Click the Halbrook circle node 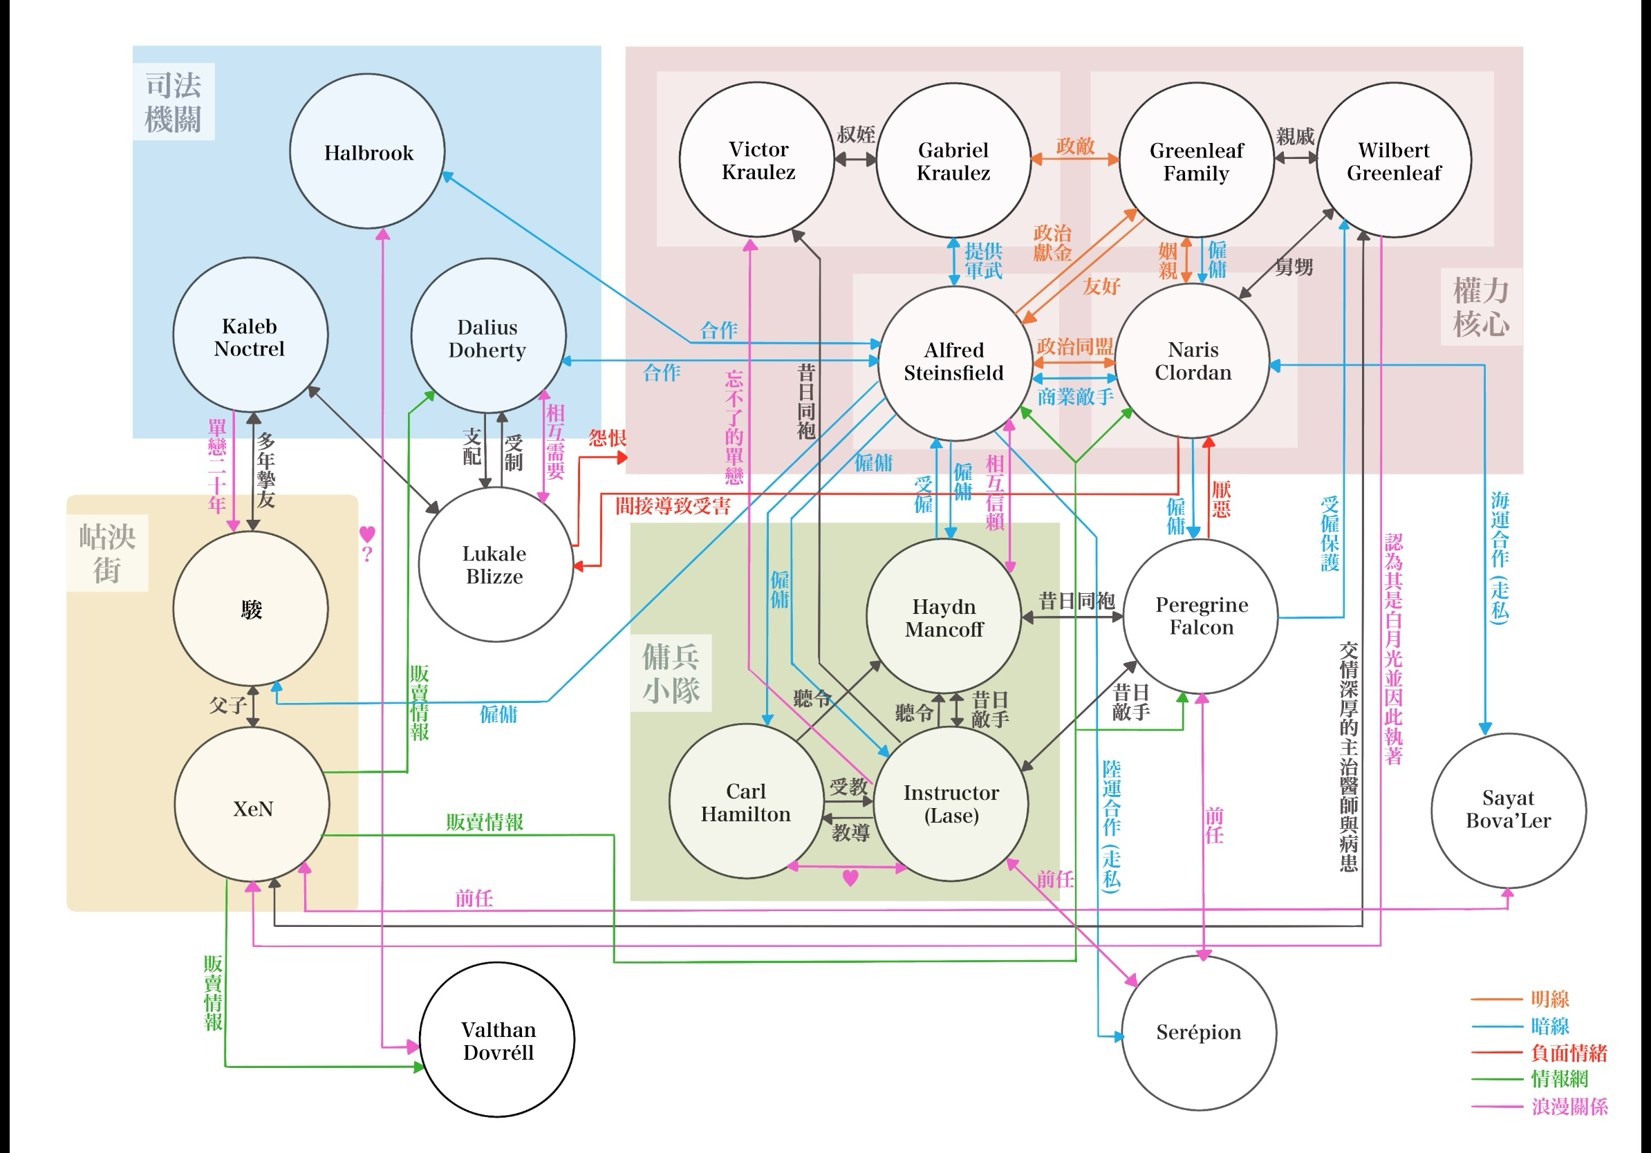[x=367, y=151]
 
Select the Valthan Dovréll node [x=498, y=1040]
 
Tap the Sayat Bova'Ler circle [x=1508, y=809]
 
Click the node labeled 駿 [x=251, y=610]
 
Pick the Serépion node [x=1198, y=1032]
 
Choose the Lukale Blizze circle [x=495, y=565]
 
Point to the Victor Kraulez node [x=757, y=160]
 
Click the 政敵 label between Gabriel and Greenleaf [x=1075, y=146]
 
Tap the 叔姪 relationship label [x=856, y=134]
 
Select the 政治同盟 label [x=1074, y=346]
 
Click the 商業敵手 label [x=1074, y=396]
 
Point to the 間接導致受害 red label [x=672, y=507]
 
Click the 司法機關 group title [x=173, y=102]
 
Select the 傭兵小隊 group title [x=670, y=673]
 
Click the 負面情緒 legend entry [x=1567, y=1053]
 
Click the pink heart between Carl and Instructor [x=850, y=879]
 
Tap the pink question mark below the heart [x=367, y=554]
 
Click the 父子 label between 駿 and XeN [x=228, y=705]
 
